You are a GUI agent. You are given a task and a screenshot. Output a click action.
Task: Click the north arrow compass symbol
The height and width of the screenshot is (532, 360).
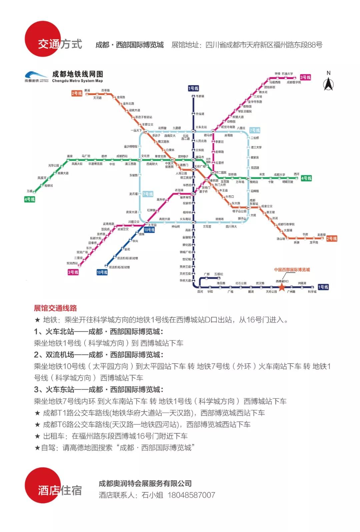[328, 82]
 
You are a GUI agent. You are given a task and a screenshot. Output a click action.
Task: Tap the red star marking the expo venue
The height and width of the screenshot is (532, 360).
[282, 287]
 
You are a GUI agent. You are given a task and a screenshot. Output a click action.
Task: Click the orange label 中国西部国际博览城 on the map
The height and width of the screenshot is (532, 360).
[292, 270]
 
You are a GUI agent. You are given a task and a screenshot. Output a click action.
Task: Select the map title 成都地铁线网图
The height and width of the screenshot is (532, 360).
[78, 74]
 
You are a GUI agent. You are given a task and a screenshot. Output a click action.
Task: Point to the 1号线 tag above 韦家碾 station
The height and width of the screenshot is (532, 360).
[193, 88]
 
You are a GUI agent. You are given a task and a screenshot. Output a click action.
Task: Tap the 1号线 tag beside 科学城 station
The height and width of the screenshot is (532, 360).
[323, 287]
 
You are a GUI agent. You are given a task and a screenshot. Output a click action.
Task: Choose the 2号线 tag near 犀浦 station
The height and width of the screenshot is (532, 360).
[77, 93]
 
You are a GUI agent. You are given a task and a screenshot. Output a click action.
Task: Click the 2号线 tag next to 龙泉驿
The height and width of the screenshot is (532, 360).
[331, 238]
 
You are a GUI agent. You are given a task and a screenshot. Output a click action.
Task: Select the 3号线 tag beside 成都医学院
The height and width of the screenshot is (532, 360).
[305, 77]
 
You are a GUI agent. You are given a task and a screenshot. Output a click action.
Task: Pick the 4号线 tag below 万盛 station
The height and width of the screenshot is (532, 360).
[29, 199]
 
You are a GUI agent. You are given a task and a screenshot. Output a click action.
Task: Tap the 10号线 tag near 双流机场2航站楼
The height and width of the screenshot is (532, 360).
[102, 272]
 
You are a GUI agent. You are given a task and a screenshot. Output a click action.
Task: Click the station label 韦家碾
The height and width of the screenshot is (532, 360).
[200, 96]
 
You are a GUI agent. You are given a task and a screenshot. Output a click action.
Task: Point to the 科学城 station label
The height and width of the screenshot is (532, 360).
[312, 292]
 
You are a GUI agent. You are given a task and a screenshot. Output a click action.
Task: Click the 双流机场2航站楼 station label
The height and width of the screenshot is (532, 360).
[119, 267]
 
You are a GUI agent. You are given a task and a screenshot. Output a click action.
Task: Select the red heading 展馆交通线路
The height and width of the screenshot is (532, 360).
[55, 308]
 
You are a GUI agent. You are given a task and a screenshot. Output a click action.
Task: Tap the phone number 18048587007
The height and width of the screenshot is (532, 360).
[191, 495]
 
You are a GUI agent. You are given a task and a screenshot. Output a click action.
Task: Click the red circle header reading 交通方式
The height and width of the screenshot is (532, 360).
[43, 39]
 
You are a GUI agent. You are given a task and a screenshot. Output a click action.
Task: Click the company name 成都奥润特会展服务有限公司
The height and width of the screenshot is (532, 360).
[145, 483]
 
